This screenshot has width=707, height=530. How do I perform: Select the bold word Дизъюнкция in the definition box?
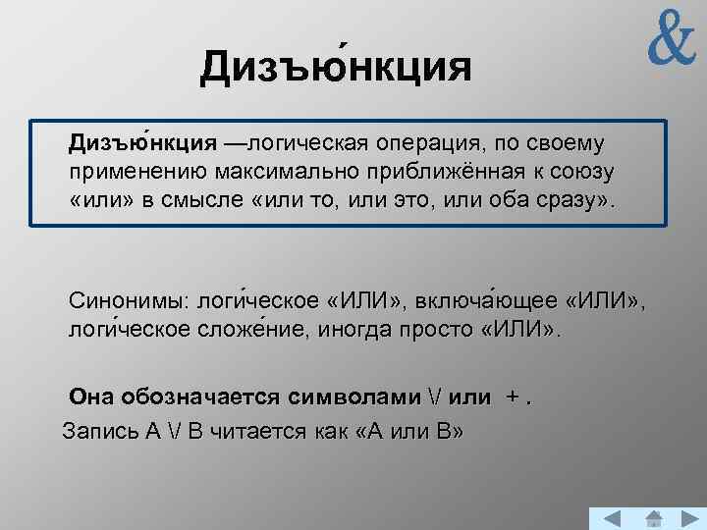(142, 144)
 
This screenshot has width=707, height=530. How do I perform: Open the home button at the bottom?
(653, 519)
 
